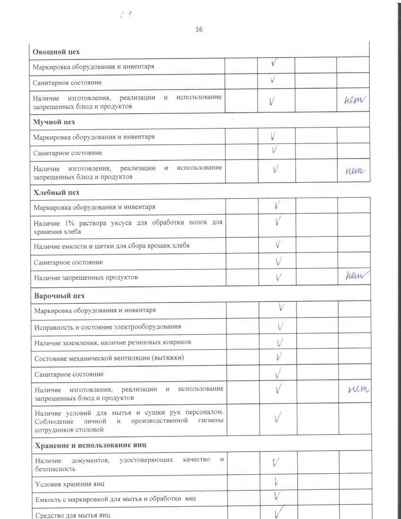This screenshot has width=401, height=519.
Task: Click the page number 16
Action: pos(199,29)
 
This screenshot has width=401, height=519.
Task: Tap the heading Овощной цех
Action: pos(56,51)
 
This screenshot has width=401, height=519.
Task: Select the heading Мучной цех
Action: pos(54,122)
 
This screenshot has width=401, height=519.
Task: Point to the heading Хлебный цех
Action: pos(57,193)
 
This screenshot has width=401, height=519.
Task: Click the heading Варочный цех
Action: pos(59,296)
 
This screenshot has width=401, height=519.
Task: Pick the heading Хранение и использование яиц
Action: pos(90,445)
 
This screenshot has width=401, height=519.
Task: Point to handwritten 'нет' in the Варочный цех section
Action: pos(358,390)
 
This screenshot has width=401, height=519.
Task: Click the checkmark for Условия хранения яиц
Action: pos(276,482)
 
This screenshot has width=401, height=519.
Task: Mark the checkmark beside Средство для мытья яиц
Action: pos(279,511)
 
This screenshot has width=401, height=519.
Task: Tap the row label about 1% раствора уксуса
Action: pos(128,226)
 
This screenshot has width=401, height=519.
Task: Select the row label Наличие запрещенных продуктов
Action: pos(86,277)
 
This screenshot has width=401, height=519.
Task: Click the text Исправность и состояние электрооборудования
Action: pos(108,326)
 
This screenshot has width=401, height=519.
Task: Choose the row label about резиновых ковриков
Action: pos(113,342)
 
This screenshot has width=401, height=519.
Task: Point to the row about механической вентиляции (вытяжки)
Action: pos(109,358)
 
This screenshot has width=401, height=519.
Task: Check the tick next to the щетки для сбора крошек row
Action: pos(278,245)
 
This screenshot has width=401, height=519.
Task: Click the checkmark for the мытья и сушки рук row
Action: pos(278,417)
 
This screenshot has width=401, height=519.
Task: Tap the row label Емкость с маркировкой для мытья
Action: pos(116,498)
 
